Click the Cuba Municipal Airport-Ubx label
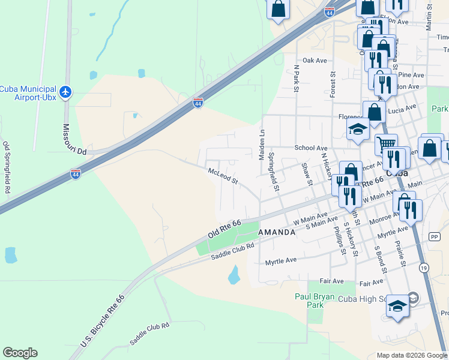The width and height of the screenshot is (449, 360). coord(28,92)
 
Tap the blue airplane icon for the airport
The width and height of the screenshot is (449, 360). coord(65,92)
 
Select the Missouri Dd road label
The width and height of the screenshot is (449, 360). coord(75,140)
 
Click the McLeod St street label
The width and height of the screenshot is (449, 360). coord(223,176)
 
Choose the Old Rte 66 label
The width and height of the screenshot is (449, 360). coord(224,229)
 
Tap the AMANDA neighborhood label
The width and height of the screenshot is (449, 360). coord(277,232)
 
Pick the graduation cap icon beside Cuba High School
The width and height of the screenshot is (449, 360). coord(397,307)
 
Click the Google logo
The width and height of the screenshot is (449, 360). coord(20,353)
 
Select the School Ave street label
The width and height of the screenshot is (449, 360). coord(310,148)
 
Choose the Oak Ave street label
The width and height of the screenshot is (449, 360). coord(315,61)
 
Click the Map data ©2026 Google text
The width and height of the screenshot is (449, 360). coord(412,355)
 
